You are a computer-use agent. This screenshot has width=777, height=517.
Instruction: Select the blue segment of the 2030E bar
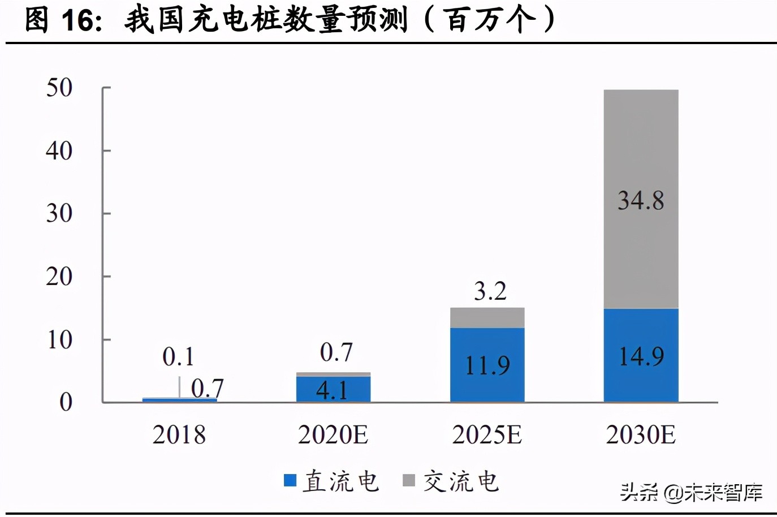click(641, 379)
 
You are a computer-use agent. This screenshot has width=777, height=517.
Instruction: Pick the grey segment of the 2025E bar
click(487, 317)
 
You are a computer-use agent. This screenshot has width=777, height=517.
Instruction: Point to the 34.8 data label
click(641, 200)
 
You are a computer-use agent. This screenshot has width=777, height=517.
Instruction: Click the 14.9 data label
click(641, 356)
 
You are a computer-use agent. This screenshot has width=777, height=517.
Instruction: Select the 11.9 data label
click(487, 365)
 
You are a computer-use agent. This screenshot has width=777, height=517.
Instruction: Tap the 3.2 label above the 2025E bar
click(490, 291)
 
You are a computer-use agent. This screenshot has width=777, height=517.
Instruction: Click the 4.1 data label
click(332, 390)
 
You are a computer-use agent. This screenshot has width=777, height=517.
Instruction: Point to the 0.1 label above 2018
click(178, 356)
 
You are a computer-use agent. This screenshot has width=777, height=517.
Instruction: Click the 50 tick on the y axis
click(59, 88)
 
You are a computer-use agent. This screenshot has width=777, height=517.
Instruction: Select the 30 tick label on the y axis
click(59, 214)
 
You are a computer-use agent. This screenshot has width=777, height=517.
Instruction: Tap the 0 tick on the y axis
click(66, 402)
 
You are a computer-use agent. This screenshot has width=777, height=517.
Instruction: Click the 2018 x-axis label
click(179, 434)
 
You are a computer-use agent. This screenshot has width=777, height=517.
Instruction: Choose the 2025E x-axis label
click(487, 434)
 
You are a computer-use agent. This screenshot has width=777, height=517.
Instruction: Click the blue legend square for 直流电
click(290, 480)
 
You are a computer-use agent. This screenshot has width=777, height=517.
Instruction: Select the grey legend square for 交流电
click(408, 480)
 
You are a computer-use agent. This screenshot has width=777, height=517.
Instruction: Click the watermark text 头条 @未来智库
click(691, 492)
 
